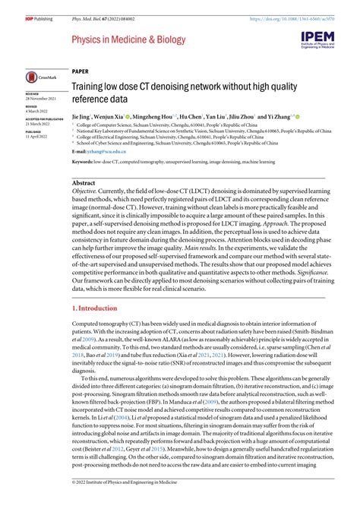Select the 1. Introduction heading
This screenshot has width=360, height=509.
[x=97, y=308]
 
